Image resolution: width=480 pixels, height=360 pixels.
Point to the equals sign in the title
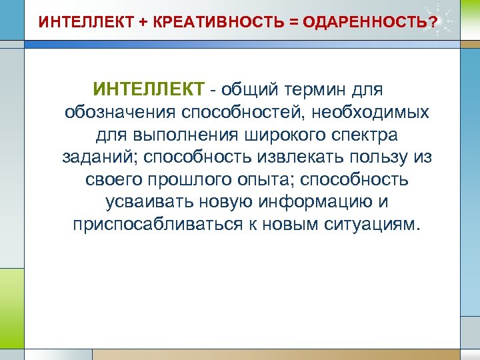coord(293,23)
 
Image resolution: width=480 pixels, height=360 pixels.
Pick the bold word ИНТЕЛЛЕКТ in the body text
coord(149,89)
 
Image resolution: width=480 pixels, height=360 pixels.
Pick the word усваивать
coord(150,201)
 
